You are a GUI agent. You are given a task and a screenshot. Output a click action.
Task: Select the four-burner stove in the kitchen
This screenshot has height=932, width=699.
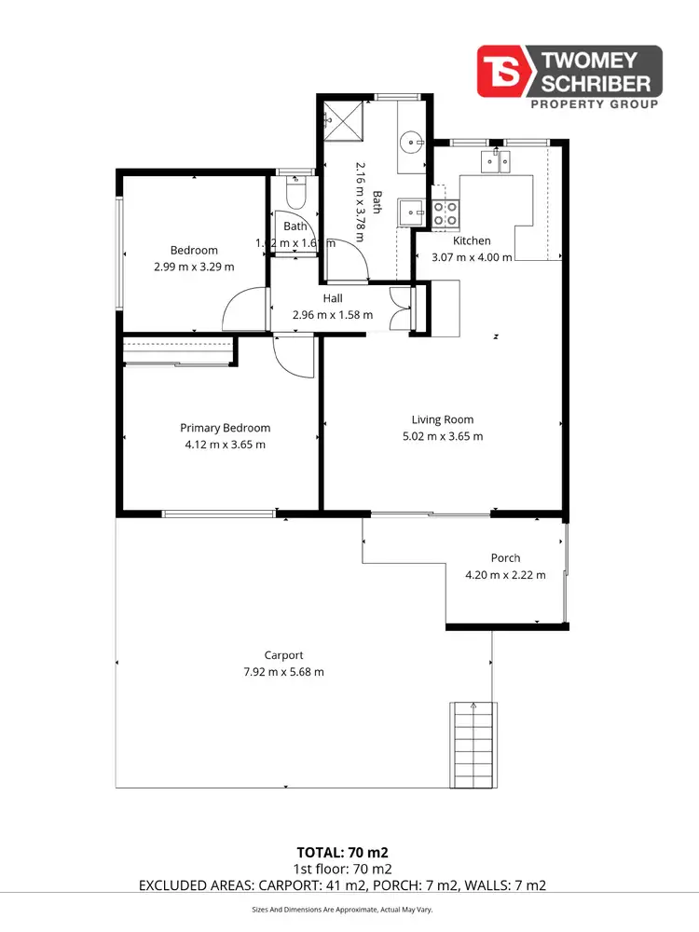[445, 213]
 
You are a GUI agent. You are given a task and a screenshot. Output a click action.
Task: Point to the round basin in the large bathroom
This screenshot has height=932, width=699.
[411, 143]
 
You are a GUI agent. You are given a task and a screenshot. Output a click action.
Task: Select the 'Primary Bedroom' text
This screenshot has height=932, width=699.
[225, 428]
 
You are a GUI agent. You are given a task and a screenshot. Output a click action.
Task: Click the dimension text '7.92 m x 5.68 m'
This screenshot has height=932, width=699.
[282, 672]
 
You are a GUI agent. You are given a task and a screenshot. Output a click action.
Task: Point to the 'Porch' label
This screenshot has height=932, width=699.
[505, 557]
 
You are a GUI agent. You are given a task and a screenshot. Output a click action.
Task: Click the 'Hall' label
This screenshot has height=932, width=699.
[333, 298]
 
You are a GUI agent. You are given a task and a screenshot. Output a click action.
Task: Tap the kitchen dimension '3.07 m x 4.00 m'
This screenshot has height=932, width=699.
[471, 257]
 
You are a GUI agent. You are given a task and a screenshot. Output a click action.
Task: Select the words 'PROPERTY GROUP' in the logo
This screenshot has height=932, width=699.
[593, 104]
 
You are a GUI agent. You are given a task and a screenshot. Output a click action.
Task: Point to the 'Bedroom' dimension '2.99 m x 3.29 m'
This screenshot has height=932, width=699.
[194, 267]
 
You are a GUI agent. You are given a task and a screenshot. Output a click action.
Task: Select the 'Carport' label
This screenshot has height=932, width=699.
[283, 655]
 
